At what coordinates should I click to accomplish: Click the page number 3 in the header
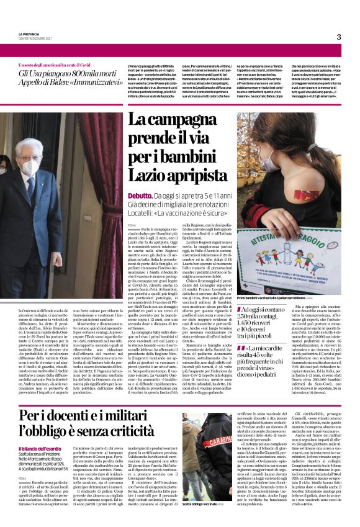pyautogui.click(x=339, y=37)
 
